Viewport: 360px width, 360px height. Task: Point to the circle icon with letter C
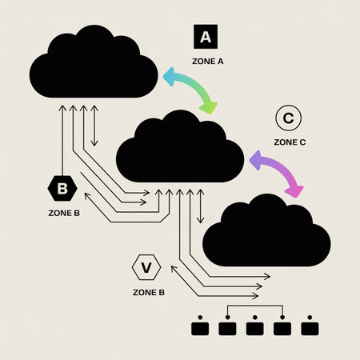[x=287, y=119]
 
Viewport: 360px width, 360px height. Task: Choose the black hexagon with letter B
[x=62, y=190]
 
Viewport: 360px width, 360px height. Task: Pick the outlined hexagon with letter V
[x=146, y=267]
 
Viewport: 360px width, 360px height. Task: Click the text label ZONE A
[x=207, y=61]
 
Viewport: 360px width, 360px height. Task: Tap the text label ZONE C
[x=290, y=142]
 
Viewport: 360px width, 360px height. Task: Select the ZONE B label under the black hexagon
[x=65, y=214]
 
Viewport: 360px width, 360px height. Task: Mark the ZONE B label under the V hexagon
[x=149, y=292]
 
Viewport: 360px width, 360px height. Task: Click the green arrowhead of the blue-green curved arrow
[x=209, y=107]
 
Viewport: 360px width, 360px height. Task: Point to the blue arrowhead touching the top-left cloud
[x=168, y=76]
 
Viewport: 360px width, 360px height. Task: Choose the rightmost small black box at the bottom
[x=310, y=327]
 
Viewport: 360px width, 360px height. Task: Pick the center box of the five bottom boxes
[x=255, y=327]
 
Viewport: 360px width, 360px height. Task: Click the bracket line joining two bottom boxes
[x=254, y=307]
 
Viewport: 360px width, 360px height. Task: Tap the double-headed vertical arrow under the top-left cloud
[x=94, y=125]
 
